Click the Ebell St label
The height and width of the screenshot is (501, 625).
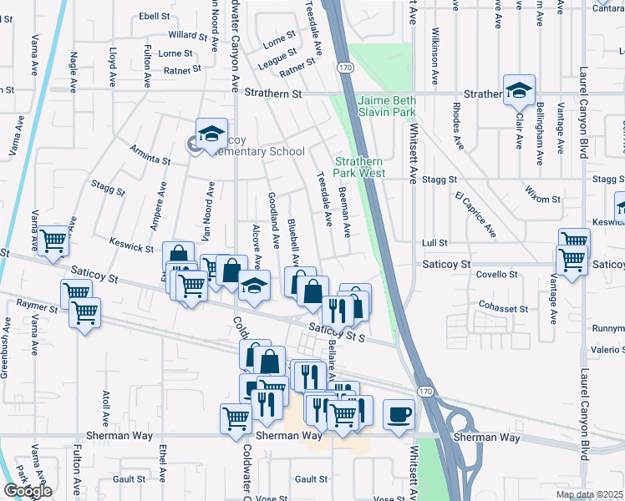(x=155, y=16)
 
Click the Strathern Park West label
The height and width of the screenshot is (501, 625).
(x=359, y=167)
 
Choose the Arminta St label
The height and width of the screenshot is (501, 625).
(x=150, y=155)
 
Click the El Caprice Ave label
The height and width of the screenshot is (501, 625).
(x=475, y=212)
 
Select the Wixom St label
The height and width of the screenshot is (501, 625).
(x=543, y=199)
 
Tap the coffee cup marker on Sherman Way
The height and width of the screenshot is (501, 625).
(x=399, y=414)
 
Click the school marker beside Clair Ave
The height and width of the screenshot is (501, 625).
(x=519, y=89)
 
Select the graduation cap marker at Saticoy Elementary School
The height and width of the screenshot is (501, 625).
(x=211, y=134)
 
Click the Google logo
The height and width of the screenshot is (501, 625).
(x=28, y=491)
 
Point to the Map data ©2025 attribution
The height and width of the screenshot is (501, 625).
(x=588, y=494)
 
